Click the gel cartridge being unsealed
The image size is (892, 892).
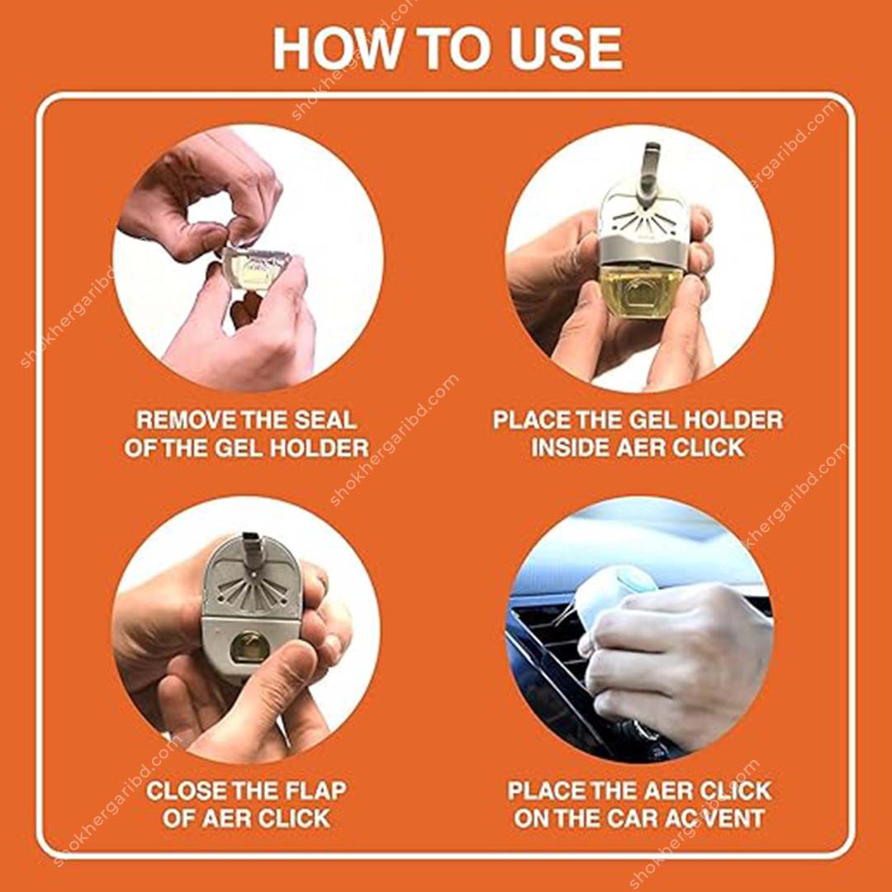253,268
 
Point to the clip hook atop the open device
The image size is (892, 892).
648,161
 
